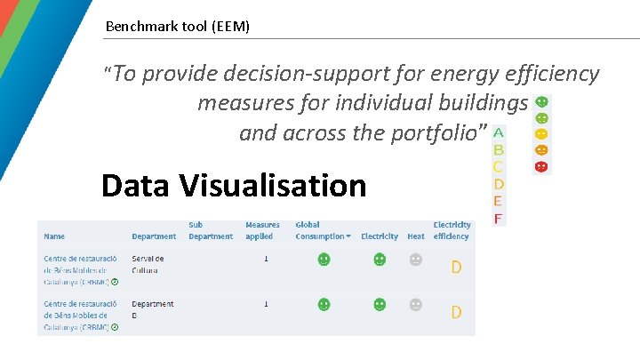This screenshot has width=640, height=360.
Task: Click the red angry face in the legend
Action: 541,166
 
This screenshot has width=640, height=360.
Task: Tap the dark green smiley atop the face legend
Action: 541,102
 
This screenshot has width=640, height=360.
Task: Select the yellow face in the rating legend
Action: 541,134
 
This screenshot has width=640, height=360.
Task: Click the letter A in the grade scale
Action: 499,133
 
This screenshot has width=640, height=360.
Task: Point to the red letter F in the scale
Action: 499,218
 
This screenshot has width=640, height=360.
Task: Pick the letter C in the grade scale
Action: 499,167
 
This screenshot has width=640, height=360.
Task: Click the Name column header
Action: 54,236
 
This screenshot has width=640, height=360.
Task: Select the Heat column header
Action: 415,236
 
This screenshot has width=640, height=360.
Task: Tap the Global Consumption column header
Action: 322,231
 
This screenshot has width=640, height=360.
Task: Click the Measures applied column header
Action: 262,231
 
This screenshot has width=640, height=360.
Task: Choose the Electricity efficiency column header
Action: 452,231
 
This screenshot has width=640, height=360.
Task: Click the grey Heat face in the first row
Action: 415,260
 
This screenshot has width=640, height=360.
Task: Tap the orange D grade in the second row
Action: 456,312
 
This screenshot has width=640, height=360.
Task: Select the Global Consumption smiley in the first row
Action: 324,260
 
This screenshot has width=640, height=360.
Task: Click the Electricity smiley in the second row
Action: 380,304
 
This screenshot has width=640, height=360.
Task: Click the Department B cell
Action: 153,308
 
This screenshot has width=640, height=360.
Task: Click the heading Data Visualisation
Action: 234,186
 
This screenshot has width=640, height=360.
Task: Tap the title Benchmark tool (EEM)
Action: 178,27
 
